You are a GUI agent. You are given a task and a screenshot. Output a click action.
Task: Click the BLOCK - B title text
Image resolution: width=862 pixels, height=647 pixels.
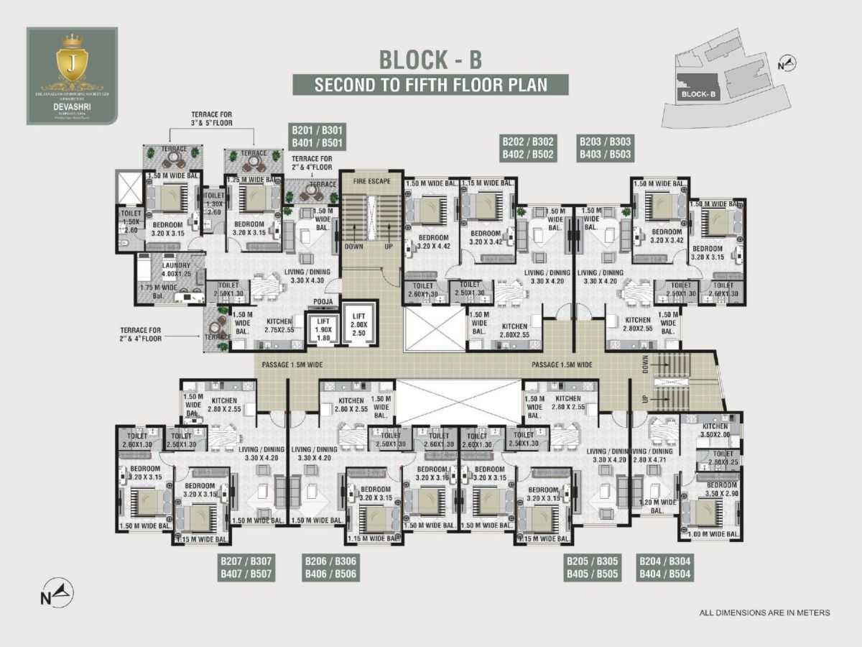pos(430,58)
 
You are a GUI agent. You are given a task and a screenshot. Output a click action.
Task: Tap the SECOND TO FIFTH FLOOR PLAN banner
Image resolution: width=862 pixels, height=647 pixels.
pos(430,84)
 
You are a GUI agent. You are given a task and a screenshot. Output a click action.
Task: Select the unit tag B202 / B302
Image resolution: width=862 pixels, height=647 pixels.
pos(528,148)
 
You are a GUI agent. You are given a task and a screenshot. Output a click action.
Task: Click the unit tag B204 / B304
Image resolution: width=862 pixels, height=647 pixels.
pos(665,568)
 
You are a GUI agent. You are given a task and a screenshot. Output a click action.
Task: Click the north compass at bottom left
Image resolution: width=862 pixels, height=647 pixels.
pos(57,594)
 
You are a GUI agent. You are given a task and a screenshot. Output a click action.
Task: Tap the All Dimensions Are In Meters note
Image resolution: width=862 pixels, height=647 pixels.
pos(764,613)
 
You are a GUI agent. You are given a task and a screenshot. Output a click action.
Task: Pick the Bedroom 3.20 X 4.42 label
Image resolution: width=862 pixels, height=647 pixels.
pos(433,242)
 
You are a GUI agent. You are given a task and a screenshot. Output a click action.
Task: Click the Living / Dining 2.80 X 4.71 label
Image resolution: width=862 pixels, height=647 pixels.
pos(653,454)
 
